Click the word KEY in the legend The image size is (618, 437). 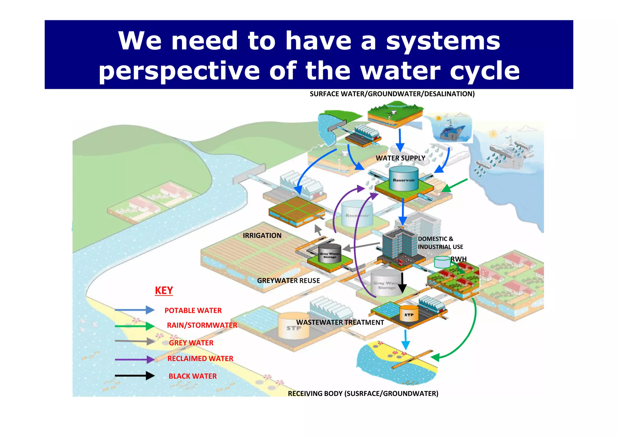(x=164, y=291)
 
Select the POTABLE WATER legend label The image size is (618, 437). (x=193, y=310)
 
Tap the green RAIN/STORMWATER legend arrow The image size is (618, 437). (x=135, y=326)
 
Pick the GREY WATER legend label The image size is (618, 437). (x=191, y=343)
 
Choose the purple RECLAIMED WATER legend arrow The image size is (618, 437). (x=135, y=359)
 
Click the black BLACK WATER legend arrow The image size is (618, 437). (x=135, y=376)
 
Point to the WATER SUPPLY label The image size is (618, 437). (x=400, y=158)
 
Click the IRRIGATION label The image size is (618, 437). (x=262, y=236)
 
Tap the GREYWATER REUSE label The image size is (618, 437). (x=288, y=281)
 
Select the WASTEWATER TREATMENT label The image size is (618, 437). (x=340, y=323)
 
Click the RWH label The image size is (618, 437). (x=459, y=259)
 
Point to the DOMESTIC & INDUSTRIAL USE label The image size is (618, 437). (x=440, y=243)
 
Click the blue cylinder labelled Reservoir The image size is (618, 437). (x=404, y=179)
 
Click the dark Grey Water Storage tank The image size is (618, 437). (x=330, y=253)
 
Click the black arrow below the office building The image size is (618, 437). (x=402, y=283)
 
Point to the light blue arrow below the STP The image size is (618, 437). (x=406, y=340)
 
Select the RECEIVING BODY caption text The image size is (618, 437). (x=363, y=394)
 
